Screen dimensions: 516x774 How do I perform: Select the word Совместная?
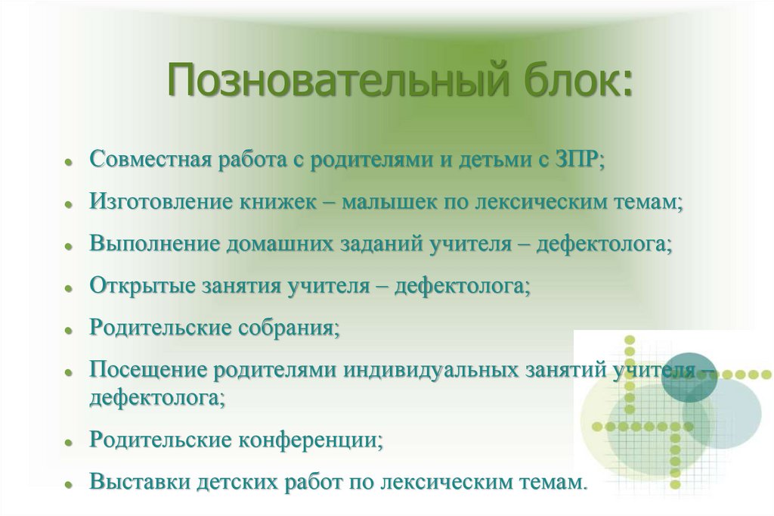149,160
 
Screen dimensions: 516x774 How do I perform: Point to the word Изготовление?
161,202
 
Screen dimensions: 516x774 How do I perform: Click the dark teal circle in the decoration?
689,376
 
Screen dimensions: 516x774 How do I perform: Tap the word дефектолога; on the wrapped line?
157,397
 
